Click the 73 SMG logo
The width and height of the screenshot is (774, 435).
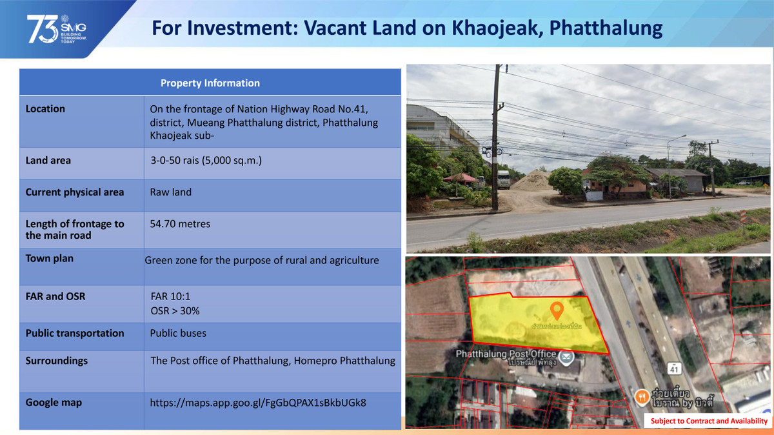[56, 29]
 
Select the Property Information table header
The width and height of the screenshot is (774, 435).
[210, 83]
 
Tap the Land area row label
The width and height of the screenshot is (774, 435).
[48, 160]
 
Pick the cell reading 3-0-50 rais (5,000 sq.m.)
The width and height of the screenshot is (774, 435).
[206, 160]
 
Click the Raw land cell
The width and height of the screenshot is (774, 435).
[170, 192]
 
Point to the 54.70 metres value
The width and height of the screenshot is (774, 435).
[180, 224]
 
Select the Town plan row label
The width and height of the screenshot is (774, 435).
[50, 258]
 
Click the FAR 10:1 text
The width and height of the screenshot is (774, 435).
[170, 296]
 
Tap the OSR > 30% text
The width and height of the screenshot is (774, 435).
[175, 311]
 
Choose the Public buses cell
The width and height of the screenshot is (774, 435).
[178, 333]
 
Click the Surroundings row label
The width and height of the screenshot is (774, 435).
[57, 360]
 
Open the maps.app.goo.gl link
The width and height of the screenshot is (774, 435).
[258, 402]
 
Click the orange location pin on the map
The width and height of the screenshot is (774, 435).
[556, 310]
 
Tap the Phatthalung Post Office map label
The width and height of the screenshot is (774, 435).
[506, 354]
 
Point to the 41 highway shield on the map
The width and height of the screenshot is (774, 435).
[675, 369]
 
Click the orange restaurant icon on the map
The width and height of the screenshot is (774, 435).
[641, 396]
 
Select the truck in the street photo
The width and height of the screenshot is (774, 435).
[502, 178]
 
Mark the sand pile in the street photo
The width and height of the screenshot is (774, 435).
[532, 180]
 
